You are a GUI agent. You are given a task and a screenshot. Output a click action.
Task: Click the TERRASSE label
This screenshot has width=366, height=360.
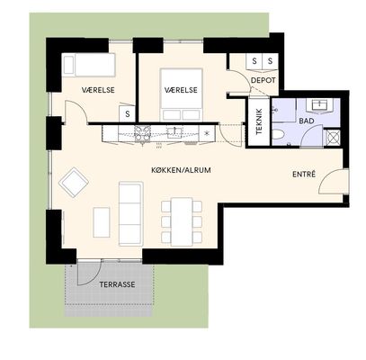[x=117, y=284]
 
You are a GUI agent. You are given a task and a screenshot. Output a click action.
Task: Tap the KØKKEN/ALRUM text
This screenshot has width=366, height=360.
[x=181, y=170]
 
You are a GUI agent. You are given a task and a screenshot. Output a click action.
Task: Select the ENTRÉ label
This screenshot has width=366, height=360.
[x=304, y=174]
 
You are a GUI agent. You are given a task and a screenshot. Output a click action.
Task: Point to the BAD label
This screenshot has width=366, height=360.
[x=307, y=121]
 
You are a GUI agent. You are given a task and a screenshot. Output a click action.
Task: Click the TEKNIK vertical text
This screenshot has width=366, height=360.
[x=259, y=121]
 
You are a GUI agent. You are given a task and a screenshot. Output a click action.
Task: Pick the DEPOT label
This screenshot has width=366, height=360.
[x=263, y=80]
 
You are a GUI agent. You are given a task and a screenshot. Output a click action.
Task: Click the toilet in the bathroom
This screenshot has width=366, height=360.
[x=279, y=134]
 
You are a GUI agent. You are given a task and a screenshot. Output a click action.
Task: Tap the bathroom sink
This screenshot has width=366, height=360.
[x=319, y=105]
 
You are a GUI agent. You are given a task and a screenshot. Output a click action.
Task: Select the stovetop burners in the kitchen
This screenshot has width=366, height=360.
[x=142, y=133]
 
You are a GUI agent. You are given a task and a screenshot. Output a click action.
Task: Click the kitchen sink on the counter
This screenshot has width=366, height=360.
[x=174, y=132]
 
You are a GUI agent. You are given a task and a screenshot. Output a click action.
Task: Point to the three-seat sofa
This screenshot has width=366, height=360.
[x=130, y=213]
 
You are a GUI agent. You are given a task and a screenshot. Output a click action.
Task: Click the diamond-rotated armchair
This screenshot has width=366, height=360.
[x=74, y=183]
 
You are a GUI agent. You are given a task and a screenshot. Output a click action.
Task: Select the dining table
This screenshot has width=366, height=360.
[x=182, y=221]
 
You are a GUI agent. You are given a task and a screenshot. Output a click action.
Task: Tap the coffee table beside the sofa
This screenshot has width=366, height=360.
[x=102, y=222]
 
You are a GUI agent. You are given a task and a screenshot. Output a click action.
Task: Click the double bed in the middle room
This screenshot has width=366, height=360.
[x=181, y=95]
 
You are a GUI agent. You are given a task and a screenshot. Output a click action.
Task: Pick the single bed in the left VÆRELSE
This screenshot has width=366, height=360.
[x=88, y=65]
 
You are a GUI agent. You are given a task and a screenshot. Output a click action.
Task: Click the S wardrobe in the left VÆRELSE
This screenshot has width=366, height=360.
[x=128, y=113]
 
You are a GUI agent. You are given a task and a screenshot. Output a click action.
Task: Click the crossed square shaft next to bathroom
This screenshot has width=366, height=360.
[x=333, y=138]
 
